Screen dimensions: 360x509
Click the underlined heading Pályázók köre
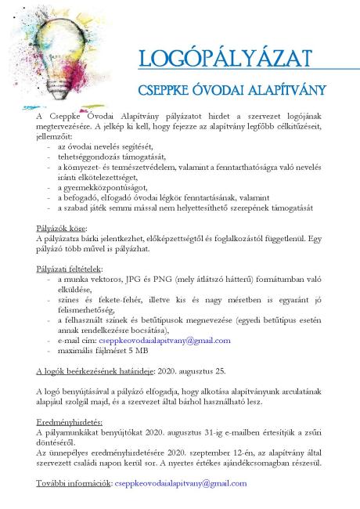(x=59, y=228)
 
